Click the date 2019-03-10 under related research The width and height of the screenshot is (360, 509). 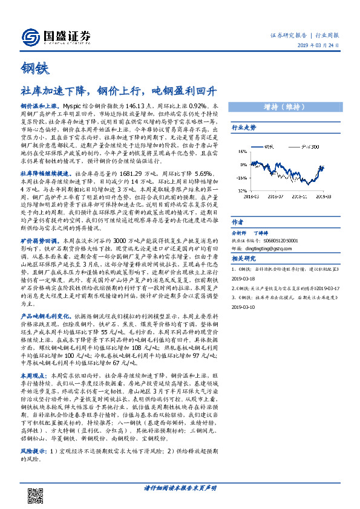pos(244,306)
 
